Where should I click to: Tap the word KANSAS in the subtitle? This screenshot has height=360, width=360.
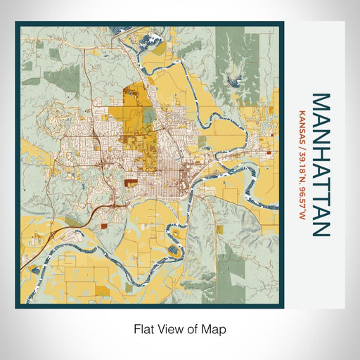coord(302,122)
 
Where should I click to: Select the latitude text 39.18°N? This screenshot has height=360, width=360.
coord(302,160)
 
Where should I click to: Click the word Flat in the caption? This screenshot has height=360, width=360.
coord(142,328)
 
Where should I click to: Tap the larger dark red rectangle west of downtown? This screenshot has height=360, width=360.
coord(130,182)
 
